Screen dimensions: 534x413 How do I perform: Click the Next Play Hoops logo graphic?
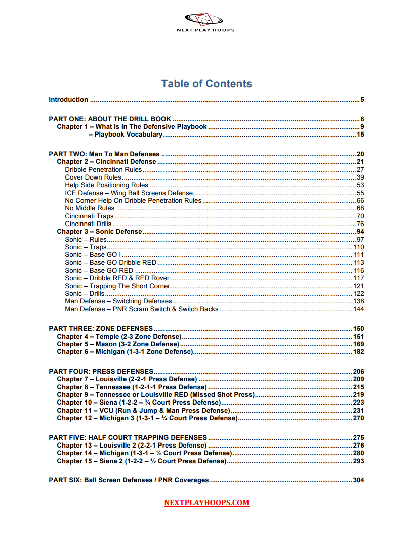pyautogui.click(x=203, y=20)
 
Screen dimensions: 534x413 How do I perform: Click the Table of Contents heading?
pyautogui.click(x=206, y=84)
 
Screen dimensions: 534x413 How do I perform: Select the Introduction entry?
pyautogui.click(x=68, y=100)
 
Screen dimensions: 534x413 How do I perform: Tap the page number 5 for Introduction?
pyautogui.click(x=362, y=100)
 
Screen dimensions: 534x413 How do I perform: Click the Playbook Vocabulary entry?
pyautogui.click(x=129, y=135)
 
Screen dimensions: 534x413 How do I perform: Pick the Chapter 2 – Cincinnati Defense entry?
pyautogui.click(x=106, y=162)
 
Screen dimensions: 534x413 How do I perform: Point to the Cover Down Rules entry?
pyautogui.click(x=93, y=177)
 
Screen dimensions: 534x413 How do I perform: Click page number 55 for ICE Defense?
pyautogui.click(x=360, y=193)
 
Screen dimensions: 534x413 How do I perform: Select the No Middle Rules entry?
pyautogui.click(x=90, y=208)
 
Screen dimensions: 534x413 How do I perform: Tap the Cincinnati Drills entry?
pyautogui.click(x=88, y=224)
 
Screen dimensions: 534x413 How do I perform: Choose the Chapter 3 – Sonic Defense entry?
pyautogui.click(x=99, y=232)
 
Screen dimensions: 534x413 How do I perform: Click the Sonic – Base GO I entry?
pyautogui.click(x=93, y=255)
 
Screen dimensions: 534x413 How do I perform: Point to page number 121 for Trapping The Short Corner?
pyautogui.click(x=359, y=286)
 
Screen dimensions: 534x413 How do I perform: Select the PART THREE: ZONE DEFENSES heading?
pyautogui.click(x=101, y=328)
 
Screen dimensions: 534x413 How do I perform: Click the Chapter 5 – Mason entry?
pyautogui.click(x=118, y=344)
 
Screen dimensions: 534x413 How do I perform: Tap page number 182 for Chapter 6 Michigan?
pyautogui.click(x=359, y=352)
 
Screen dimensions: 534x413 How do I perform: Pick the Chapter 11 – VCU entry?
pyautogui.click(x=143, y=410)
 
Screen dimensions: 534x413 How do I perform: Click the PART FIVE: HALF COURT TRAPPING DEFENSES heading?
pyautogui.click(x=128, y=437)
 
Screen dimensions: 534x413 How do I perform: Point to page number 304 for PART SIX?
pyautogui.click(x=359, y=480)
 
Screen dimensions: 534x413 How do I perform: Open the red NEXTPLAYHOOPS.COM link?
pyautogui.click(x=206, y=503)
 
